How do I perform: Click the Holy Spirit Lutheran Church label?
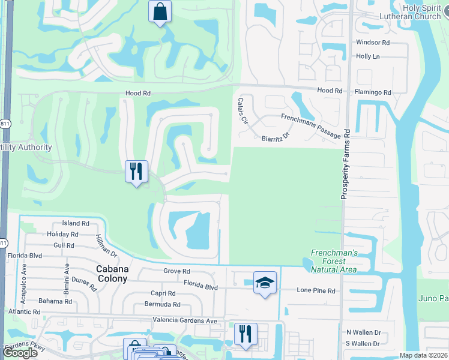[414, 12]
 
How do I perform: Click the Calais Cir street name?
[243, 110]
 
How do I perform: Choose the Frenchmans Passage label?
[310, 126]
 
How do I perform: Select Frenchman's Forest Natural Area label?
[334, 261]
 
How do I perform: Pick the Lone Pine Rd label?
[316, 290]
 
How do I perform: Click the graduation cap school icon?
[265, 282]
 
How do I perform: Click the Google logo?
[20, 353]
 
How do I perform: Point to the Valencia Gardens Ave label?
[185, 320]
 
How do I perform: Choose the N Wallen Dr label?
[364, 332]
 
